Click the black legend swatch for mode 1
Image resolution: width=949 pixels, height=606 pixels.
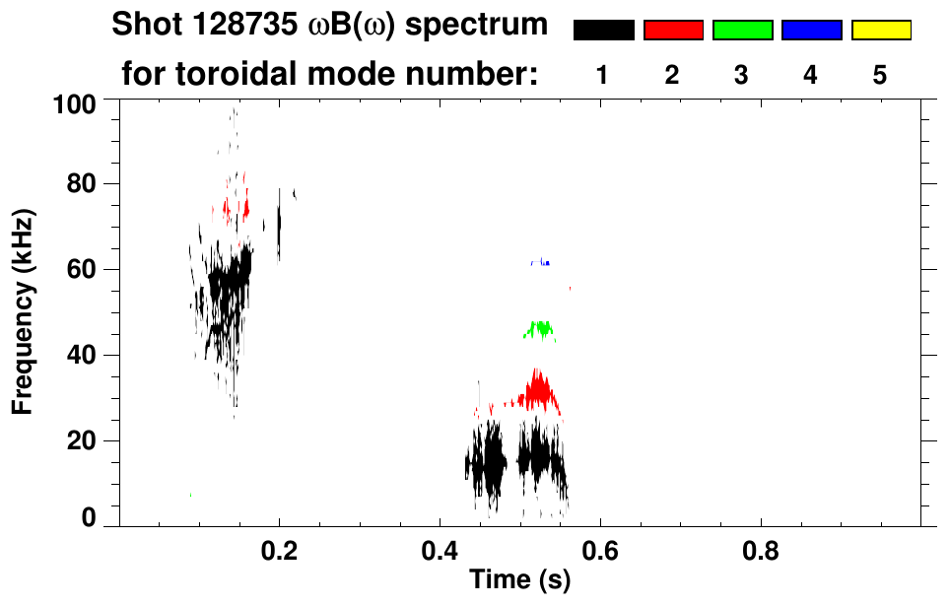[603, 31]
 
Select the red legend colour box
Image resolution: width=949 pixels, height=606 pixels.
[673, 31]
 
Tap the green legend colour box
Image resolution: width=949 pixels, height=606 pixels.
[742, 31]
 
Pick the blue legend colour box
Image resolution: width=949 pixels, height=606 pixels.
[811, 31]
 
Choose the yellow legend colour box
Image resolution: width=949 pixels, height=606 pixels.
[881, 31]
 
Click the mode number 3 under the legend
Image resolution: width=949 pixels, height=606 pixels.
[742, 75]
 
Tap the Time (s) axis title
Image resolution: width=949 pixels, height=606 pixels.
[518, 580]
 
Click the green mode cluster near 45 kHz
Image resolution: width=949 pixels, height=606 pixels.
[540, 330]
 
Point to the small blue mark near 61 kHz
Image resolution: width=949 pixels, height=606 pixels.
[547, 263]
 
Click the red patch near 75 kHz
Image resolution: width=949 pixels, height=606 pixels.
[237, 208]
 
